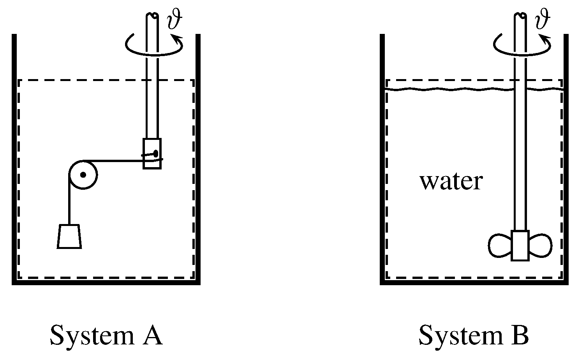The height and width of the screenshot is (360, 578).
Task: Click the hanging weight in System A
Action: point(69,236)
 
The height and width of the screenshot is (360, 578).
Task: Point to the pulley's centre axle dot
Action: point(83,175)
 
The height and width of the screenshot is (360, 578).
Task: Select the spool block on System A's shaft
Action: point(152,153)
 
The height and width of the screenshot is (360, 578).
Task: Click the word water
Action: point(451,182)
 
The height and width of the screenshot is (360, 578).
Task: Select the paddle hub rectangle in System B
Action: point(520,245)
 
